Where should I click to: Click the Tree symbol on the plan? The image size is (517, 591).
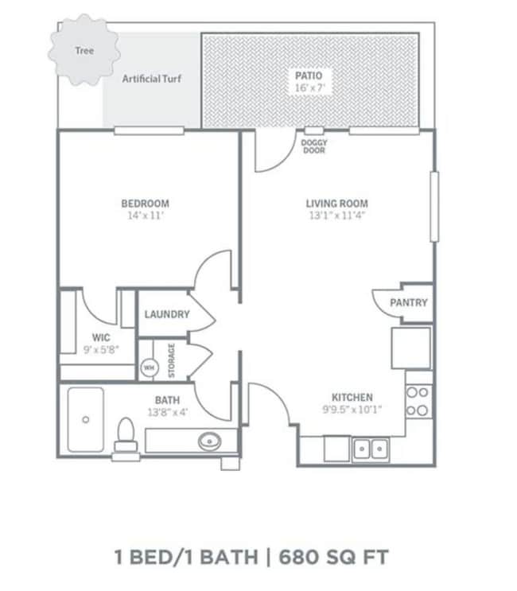84,51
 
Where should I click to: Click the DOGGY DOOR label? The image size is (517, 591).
314,146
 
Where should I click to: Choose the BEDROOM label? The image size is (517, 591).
145,204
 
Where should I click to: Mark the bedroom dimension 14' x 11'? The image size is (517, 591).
145,216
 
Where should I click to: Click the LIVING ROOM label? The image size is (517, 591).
337,204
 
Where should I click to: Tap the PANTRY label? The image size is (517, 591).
408,303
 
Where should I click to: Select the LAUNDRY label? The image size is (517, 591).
167,314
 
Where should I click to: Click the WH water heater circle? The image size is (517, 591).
149,367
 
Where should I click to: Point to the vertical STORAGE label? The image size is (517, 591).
171,360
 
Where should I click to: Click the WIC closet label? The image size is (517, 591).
100,337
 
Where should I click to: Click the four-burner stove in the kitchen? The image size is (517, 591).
418,401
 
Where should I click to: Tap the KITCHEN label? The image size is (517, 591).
352,398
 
